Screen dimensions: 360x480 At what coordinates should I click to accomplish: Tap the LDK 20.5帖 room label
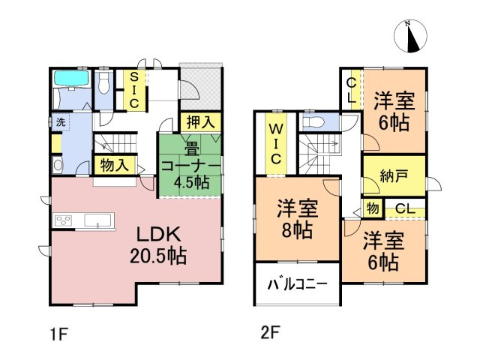[x=157, y=244]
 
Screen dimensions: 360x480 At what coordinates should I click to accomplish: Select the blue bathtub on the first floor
[x=72, y=79]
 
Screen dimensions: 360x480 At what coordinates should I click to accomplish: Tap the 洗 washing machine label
[x=58, y=121]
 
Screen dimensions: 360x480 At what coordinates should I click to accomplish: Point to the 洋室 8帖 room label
[x=296, y=218]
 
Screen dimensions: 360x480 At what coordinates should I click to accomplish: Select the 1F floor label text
[x=55, y=331]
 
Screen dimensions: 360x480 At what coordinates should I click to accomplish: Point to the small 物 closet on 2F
[x=371, y=208]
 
